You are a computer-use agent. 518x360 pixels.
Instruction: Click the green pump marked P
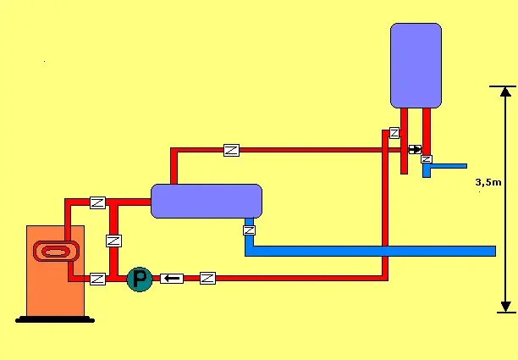[138, 279]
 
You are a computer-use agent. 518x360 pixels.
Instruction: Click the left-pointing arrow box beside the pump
[172, 278]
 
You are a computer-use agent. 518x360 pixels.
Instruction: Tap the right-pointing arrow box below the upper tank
[415, 150]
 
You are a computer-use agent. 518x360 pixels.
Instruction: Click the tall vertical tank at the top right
[416, 65]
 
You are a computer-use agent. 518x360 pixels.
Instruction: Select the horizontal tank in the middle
[207, 201]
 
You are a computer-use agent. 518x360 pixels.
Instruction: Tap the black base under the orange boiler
[55, 318]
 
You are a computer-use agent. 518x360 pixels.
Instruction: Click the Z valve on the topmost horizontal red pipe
[231, 150]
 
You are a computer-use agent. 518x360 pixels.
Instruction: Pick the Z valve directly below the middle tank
[249, 230]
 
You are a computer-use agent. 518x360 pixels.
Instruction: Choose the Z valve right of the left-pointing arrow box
[207, 278]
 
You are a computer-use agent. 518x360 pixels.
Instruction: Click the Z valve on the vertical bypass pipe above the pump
[112, 241]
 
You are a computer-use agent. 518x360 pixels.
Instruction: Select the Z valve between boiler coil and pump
[97, 278]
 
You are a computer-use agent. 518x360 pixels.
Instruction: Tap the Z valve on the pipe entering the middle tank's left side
[97, 202]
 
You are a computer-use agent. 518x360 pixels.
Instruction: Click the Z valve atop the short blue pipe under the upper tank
[427, 159]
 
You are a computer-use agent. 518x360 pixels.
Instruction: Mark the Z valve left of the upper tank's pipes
[394, 133]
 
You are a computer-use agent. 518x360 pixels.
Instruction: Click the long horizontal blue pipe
[372, 251]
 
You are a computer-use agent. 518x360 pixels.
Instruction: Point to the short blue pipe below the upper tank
[445, 166]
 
